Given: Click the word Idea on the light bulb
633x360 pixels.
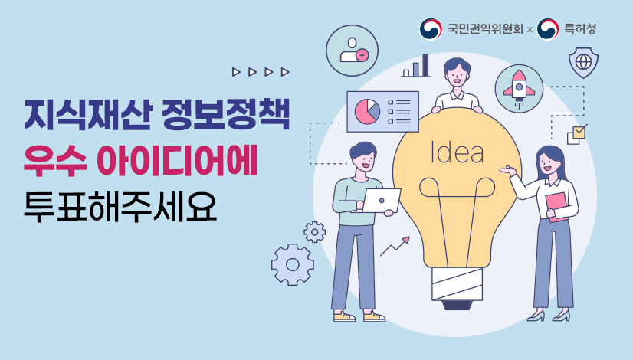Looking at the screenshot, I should point(458,152).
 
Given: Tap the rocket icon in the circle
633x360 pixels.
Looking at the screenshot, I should point(519,86).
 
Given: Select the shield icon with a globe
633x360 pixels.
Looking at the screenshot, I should point(583,61).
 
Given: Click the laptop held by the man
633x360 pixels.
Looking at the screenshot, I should point(381,200).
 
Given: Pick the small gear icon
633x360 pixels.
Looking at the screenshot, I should point(314,231).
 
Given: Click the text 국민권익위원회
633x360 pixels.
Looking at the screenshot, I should point(484,29).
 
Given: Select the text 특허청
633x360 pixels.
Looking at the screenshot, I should point(580,29).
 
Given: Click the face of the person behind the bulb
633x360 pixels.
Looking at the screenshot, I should point(457,75).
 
